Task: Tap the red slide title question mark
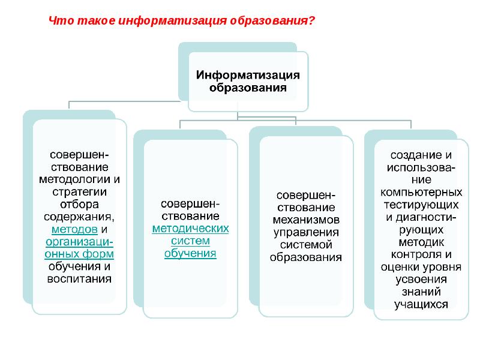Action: click(x=312, y=20)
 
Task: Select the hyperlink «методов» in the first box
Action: click(x=74, y=229)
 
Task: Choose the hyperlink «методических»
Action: click(x=191, y=229)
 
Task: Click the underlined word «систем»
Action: click(x=191, y=241)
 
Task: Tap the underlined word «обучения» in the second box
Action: click(x=191, y=253)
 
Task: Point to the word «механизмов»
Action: click(x=306, y=220)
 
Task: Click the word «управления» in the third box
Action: click(x=306, y=232)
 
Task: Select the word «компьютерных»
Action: click(x=421, y=192)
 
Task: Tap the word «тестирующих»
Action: click(x=421, y=205)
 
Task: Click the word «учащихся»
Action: click(x=421, y=304)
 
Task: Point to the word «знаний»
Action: click(x=421, y=292)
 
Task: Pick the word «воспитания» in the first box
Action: click(x=80, y=279)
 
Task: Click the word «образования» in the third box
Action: click(x=306, y=257)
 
